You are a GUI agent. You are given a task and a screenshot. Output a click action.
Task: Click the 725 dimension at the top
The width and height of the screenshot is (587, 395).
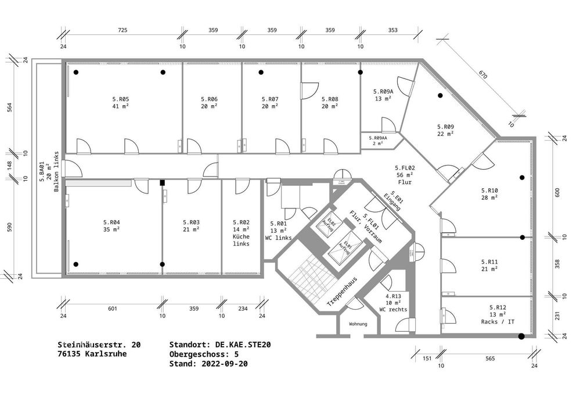coord(123,30)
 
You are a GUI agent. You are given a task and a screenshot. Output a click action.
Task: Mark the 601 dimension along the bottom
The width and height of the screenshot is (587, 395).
coord(113,308)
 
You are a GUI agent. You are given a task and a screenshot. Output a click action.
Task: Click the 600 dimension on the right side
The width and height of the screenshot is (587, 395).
coord(557,193)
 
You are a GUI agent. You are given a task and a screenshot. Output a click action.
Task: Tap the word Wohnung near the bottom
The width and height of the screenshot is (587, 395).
coord(358,324)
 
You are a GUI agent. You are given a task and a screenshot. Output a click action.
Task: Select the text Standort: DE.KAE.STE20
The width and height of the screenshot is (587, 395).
coord(220,344)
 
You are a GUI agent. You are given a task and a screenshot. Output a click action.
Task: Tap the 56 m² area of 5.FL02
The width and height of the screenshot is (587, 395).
coord(404,174)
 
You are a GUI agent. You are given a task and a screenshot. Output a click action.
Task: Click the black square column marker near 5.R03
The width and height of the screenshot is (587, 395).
coord(163,182)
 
